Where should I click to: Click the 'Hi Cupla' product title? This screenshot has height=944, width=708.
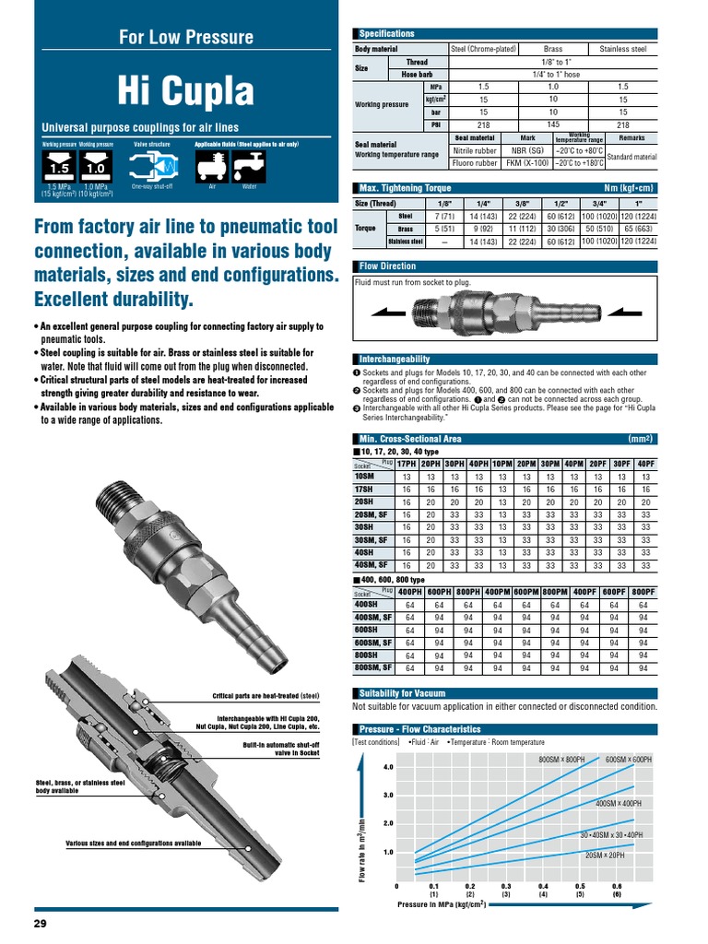click(185, 91)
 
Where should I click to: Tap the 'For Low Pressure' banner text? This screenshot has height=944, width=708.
click(185, 38)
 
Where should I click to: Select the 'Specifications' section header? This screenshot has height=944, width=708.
click(386, 33)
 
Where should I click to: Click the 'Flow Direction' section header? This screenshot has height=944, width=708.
click(387, 266)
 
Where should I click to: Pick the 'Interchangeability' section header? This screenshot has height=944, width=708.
click(394, 358)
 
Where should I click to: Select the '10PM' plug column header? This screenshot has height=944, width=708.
click(501, 464)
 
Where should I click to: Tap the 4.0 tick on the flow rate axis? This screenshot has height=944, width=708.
click(388, 766)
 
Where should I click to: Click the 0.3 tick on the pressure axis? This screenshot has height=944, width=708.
click(505, 886)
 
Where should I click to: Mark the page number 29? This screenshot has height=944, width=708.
click(40, 924)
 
